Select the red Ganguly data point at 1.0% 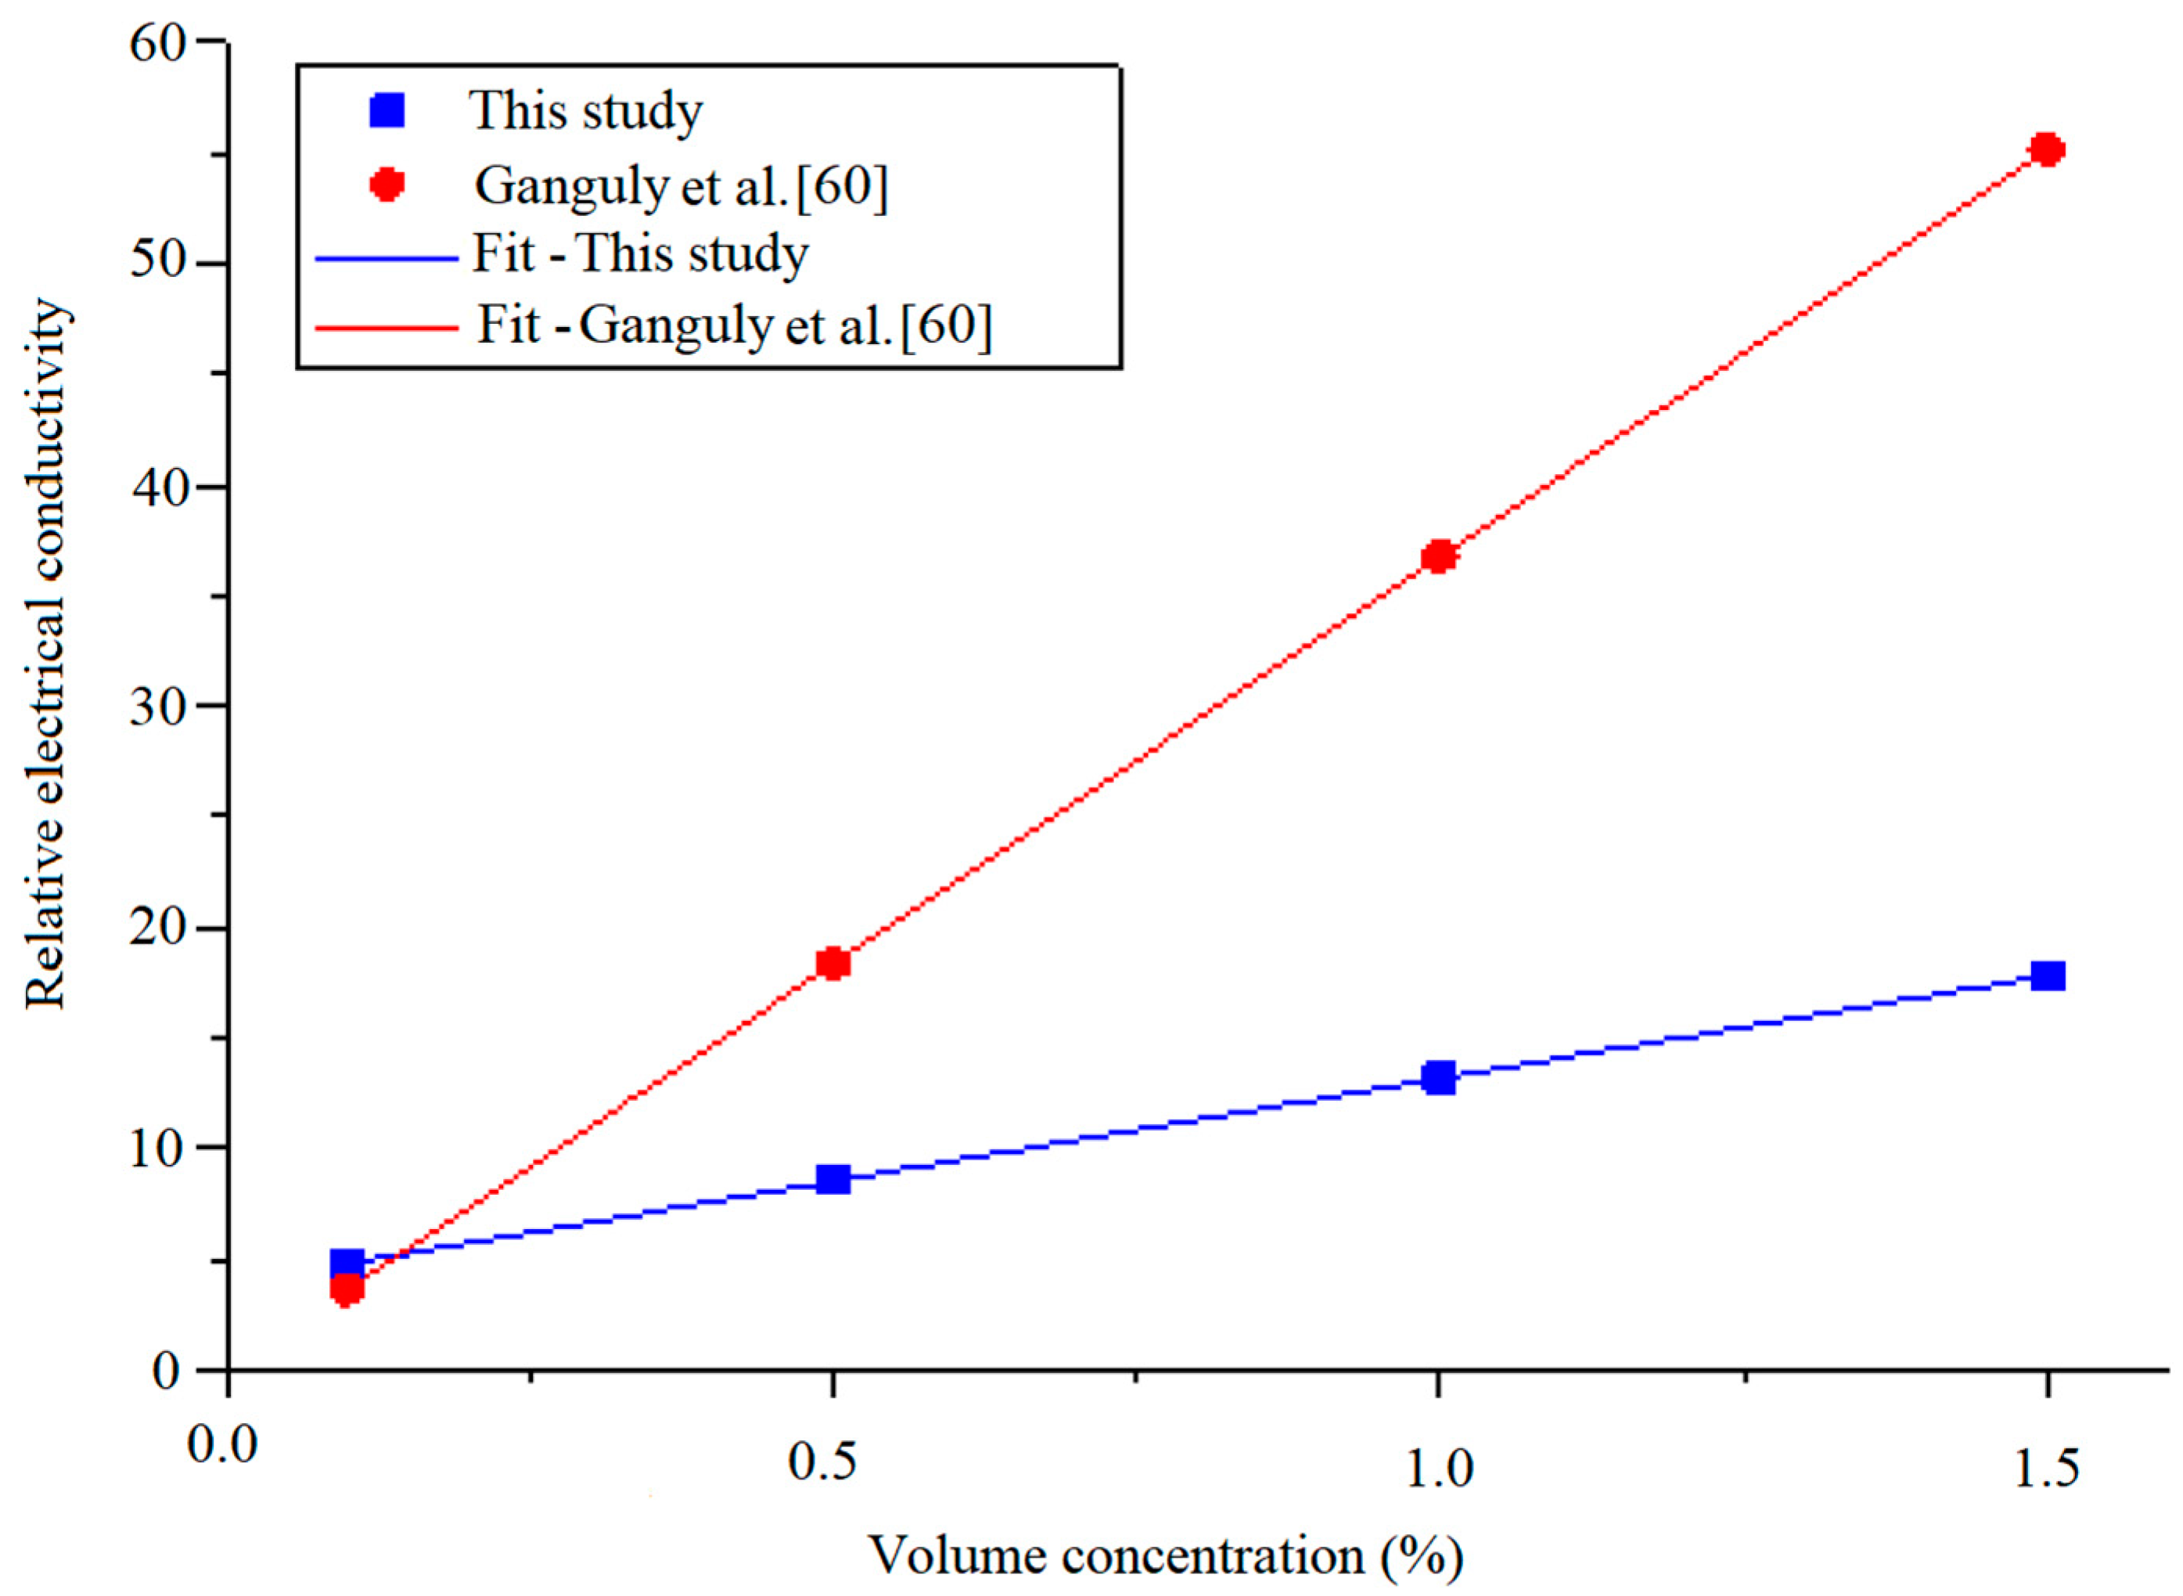click(x=1439, y=556)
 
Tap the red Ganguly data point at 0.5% click(x=833, y=963)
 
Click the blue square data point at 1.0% click(x=1439, y=1077)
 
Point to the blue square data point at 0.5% click(x=833, y=1179)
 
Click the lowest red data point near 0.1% click(x=347, y=1289)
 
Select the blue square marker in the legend click(x=387, y=110)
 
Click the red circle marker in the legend click(x=387, y=184)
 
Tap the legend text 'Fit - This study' click(x=639, y=254)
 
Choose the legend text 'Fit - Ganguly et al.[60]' click(x=734, y=325)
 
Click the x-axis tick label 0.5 click(x=823, y=1463)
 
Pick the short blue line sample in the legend click(x=387, y=258)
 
